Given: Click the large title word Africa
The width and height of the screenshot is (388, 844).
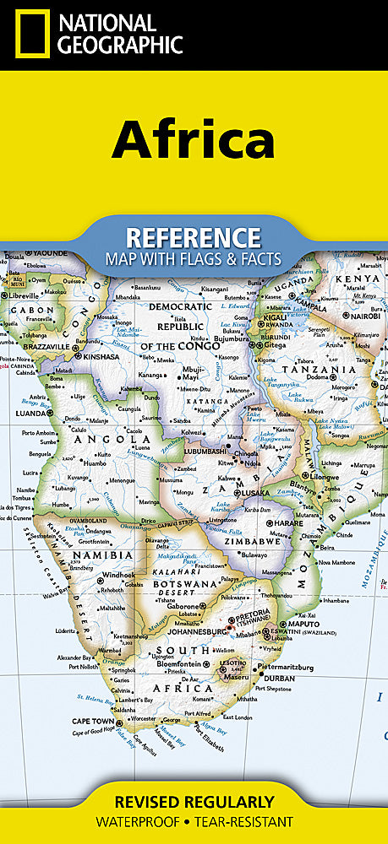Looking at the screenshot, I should (x=194, y=139).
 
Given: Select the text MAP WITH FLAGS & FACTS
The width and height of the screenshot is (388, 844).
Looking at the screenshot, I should (x=193, y=258).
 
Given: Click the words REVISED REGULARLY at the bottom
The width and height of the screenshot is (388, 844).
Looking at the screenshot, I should (x=194, y=802).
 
